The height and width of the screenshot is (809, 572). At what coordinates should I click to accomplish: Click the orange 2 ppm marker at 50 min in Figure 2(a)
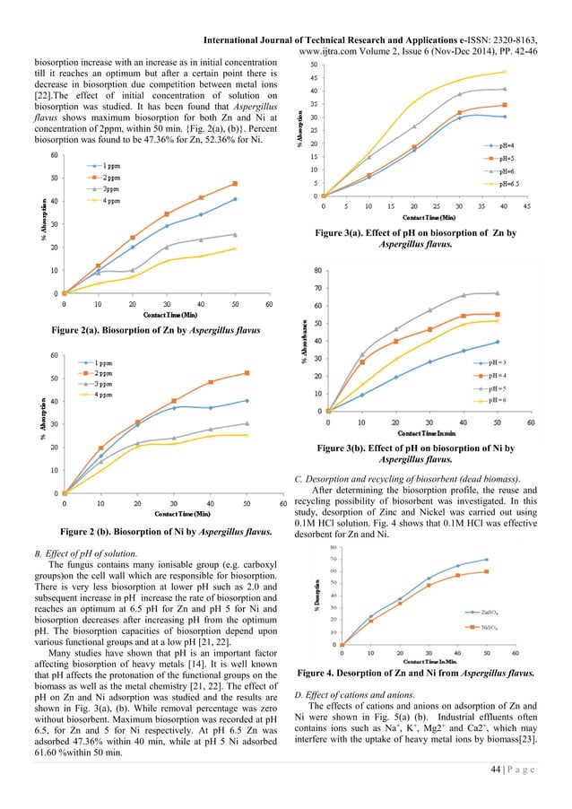coord(235,183)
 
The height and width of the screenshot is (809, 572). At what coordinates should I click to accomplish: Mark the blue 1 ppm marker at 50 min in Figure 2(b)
coord(247,400)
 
